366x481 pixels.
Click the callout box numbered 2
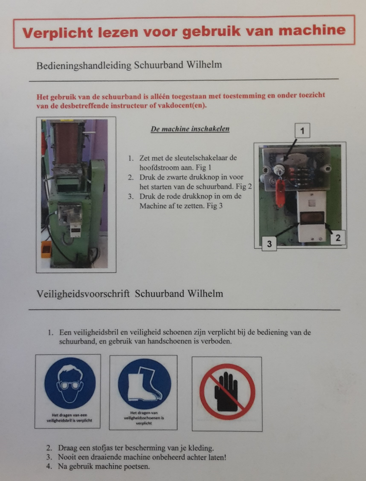[338, 238]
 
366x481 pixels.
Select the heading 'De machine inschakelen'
[190, 129]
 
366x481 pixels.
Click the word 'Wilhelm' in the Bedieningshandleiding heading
[202, 65]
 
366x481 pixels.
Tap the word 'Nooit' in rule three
[68, 457]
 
